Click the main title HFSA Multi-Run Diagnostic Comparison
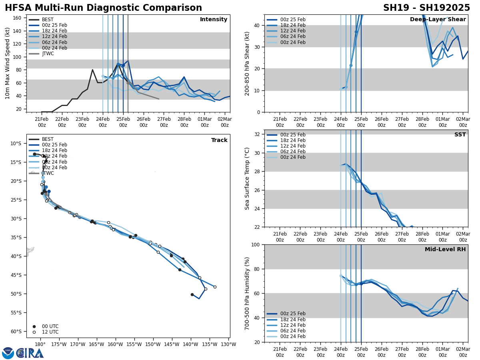tap(103, 8)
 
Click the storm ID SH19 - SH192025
tap(426, 8)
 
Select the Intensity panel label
tap(214, 20)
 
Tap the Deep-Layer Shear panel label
tap(438, 20)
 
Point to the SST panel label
tap(460, 135)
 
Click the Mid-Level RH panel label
tap(445, 250)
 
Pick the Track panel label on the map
tap(219, 140)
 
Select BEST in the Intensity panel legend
tap(48, 20)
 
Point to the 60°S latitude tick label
tap(16, 331)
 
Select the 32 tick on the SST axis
tap(258, 134)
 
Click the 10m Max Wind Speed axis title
tap(8, 63)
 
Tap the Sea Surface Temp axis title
tap(247, 178)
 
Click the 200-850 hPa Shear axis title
tap(247, 63)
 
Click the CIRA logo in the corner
tap(23, 353)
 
